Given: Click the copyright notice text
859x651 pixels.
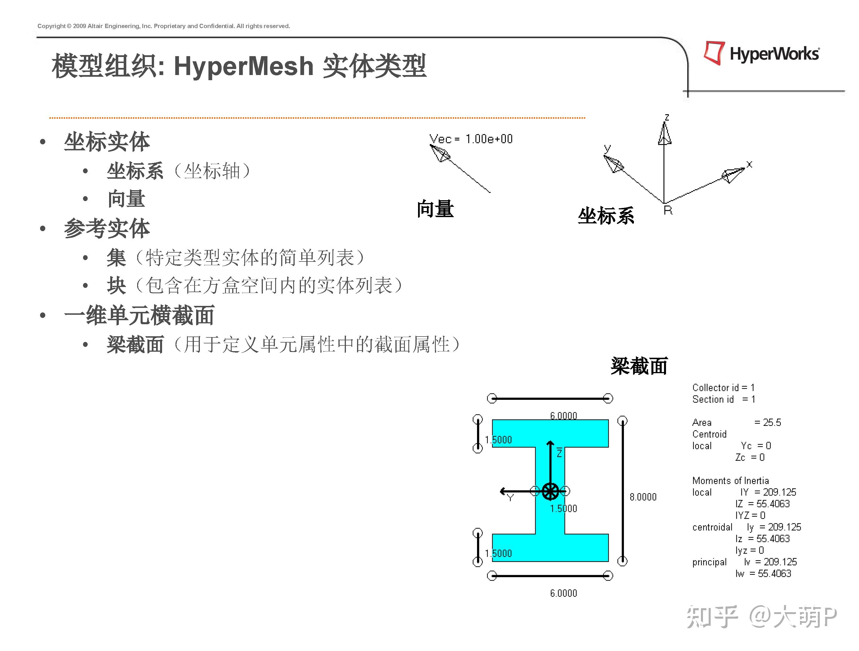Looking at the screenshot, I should coord(163,26).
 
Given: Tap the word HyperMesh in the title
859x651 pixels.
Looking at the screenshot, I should coord(243,66).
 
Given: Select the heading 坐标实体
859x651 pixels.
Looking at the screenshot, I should coord(107,142).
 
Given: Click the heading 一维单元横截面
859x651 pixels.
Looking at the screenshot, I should coord(139,315).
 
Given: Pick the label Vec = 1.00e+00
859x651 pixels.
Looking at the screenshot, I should coord(471,139).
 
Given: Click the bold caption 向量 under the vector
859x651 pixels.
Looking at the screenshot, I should coord(435,209).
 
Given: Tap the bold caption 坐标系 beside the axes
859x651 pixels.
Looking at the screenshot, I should coord(606,216).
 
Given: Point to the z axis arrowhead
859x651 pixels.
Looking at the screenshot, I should coord(665,134).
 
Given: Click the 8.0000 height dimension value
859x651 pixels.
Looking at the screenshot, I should coord(643,497).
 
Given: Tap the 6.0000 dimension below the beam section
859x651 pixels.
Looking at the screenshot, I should coord(563,593).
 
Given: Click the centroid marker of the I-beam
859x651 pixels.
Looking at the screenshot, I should coord(550,491).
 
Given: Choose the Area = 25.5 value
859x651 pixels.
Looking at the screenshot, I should coord(767,423).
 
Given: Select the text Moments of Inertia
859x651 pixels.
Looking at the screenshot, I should coord(730,481).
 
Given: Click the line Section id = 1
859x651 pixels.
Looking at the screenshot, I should coord(724,399).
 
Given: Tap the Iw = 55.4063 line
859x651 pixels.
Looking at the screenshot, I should coord(763,574).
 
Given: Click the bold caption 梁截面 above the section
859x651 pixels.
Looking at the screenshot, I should coord(639,366).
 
